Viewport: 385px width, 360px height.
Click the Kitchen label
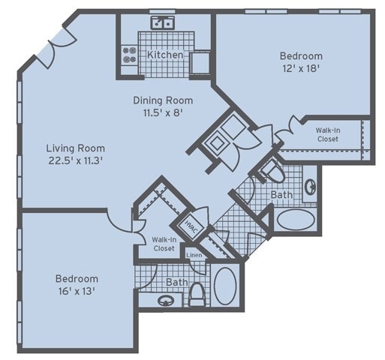[x=165, y=55]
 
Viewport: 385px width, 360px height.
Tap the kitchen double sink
[x=163, y=22]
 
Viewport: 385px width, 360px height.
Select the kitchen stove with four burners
[x=130, y=55]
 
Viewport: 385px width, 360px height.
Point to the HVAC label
[x=191, y=226]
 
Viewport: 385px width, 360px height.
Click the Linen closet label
[x=194, y=255]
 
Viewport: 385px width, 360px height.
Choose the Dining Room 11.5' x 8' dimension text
[x=163, y=113]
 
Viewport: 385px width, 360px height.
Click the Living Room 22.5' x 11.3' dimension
[x=75, y=160]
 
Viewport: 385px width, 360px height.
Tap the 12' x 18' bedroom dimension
[x=301, y=68]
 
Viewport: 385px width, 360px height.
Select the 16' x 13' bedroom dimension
[x=77, y=291]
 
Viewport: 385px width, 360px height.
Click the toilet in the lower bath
[x=197, y=295]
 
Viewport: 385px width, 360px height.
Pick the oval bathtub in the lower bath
[x=225, y=286]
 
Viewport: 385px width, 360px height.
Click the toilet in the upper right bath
[x=272, y=171]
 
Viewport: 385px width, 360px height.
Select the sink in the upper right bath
[x=310, y=186]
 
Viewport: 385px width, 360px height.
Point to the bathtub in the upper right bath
[x=296, y=220]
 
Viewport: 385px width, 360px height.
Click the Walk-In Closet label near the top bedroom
[x=328, y=134]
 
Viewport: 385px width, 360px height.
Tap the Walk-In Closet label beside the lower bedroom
[x=164, y=244]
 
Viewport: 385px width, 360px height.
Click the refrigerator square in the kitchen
[x=200, y=62]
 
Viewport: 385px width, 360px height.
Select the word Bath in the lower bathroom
[x=177, y=282]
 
